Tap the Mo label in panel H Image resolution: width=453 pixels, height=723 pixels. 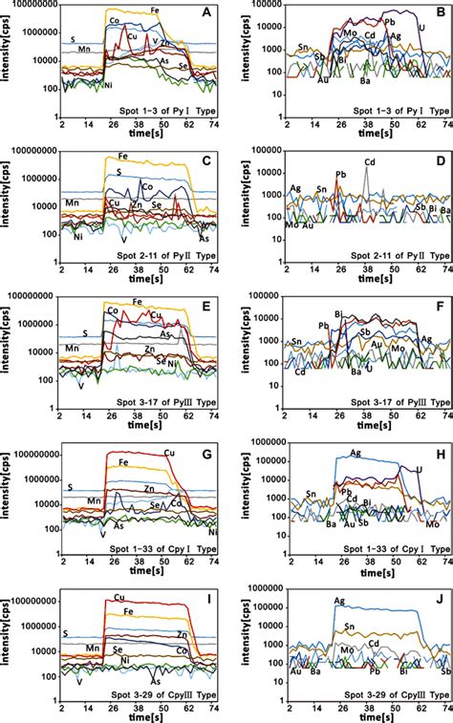[x=432, y=525]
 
